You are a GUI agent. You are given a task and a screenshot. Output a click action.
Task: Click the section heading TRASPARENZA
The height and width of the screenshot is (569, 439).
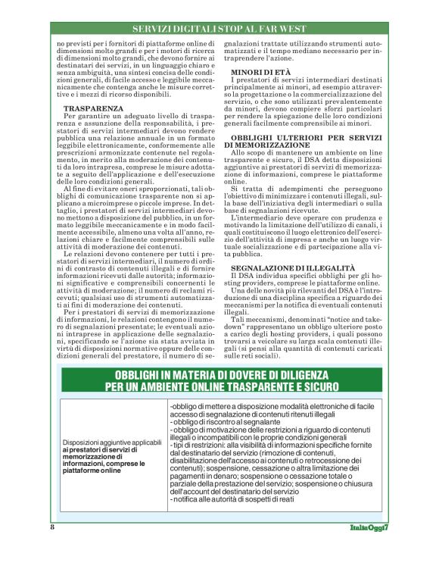(94, 108)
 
